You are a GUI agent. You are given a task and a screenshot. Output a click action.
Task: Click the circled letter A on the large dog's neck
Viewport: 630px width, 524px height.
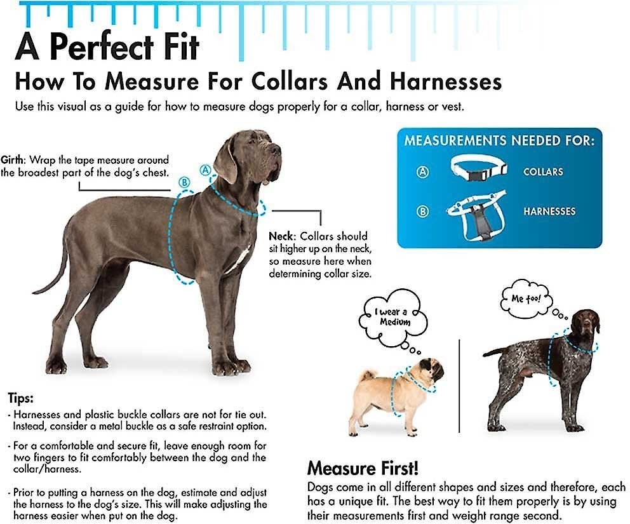click(x=205, y=170)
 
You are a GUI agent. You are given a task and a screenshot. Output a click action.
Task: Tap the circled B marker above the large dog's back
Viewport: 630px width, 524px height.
click(x=184, y=182)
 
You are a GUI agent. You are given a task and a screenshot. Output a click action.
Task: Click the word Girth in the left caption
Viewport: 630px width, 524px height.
click(x=13, y=160)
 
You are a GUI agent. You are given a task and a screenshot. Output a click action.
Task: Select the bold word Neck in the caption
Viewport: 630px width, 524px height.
click(x=282, y=236)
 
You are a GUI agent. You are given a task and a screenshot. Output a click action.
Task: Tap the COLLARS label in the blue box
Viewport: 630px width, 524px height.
click(x=543, y=172)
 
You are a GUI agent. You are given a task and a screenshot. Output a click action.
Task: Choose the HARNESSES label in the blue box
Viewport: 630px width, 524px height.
click(x=549, y=212)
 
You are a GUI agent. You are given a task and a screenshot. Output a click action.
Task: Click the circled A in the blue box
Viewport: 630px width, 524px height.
click(x=422, y=172)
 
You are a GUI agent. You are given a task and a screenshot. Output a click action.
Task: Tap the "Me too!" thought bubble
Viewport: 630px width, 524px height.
click(x=526, y=299)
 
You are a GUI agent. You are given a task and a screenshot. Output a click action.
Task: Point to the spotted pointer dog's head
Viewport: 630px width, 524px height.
click(x=586, y=323)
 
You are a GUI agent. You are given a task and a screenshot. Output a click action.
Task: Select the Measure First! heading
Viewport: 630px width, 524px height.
click(x=363, y=469)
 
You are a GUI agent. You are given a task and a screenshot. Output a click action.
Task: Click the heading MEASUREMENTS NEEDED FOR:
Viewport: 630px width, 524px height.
click(x=499, y=140)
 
